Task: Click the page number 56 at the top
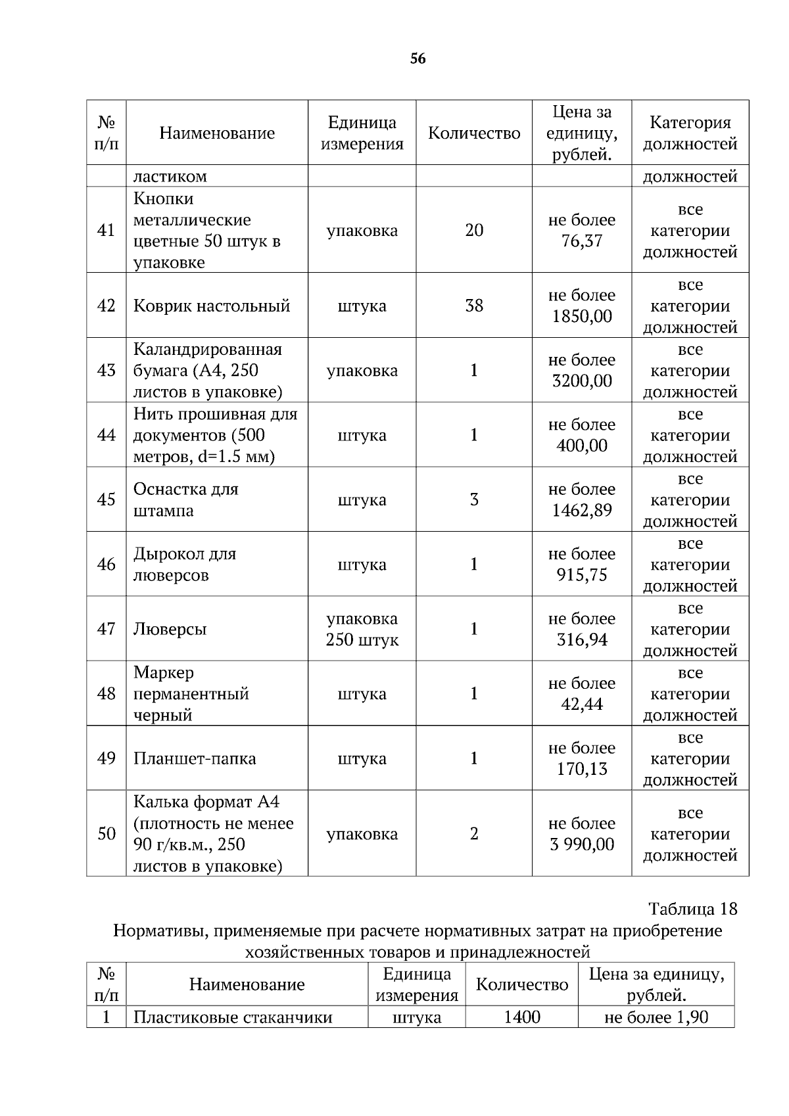click(x=418, y=59)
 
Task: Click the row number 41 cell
click(x=106, y=230)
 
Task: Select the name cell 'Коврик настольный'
click(x=212, y=306)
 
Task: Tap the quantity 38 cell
click(x=473, y=306)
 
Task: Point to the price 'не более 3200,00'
click(x=582, y=370)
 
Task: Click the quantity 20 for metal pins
click(x=473, y=230)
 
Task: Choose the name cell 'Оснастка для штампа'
click(x=186, y=500)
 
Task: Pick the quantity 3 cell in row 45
click(x=473, y=500)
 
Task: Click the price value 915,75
click(x=582, y=575)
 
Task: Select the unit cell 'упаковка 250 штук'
click(x=362, y=629)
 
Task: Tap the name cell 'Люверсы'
click(x=170, y=629)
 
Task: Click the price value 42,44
click(x=582, y=705)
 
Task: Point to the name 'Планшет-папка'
click(x=195, y=758)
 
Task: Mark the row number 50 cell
click(x=106, y=833)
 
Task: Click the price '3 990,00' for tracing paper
click(x=582, y=844)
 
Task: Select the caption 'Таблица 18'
click(x=692, y=909)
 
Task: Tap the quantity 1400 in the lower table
click(x=521, y=1017)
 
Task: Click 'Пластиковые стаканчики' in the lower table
click(x=233, y=1017)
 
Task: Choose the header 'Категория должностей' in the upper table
click(x=690, y=133)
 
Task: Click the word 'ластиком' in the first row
click(x=170, y=176)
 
